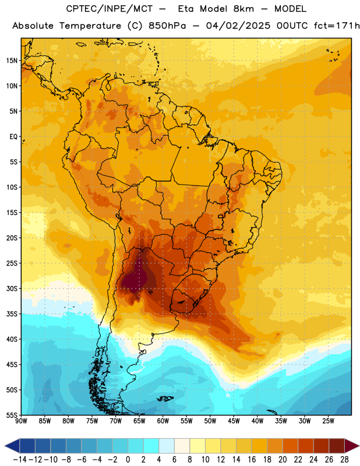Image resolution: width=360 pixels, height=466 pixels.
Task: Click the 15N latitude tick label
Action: tap(12, 61)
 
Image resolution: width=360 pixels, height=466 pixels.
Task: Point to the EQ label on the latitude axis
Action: tap(13, 137)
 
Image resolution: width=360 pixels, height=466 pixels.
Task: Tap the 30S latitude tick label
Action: tap(12, 288)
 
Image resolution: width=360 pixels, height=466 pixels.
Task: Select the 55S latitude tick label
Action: tap(12, 415)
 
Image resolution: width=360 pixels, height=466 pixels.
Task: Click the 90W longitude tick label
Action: tap(22, 421)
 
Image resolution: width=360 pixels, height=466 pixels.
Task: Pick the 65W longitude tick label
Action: tap(139, 421)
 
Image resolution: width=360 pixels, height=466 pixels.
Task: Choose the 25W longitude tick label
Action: tap(329, 421)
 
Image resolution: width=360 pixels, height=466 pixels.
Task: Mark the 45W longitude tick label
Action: tap(234, 421)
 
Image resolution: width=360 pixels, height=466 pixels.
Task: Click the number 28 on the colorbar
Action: tap(344, 460)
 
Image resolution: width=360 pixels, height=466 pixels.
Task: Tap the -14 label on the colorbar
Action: tap(20, 460)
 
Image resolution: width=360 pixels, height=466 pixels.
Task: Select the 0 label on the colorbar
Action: tap(128, 460)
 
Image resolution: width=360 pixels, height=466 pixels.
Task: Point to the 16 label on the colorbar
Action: tap(252, 460)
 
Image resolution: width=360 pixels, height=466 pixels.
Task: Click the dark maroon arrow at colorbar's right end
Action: tap(351, 446)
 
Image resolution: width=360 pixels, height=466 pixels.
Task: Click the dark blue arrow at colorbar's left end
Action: tap(12, 446)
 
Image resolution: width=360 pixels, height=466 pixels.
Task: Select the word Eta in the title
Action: tap(186, 9)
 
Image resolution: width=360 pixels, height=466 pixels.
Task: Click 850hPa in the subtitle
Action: tap(167, 26)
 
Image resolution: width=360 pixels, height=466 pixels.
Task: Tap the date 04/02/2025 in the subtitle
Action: tap(238, 26)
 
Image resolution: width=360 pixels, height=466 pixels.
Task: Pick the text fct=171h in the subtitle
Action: tap(337, 26)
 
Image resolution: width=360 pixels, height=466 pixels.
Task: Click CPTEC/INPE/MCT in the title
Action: tap(109, 9)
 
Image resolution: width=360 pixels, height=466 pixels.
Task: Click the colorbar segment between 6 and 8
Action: tap(182, 446)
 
